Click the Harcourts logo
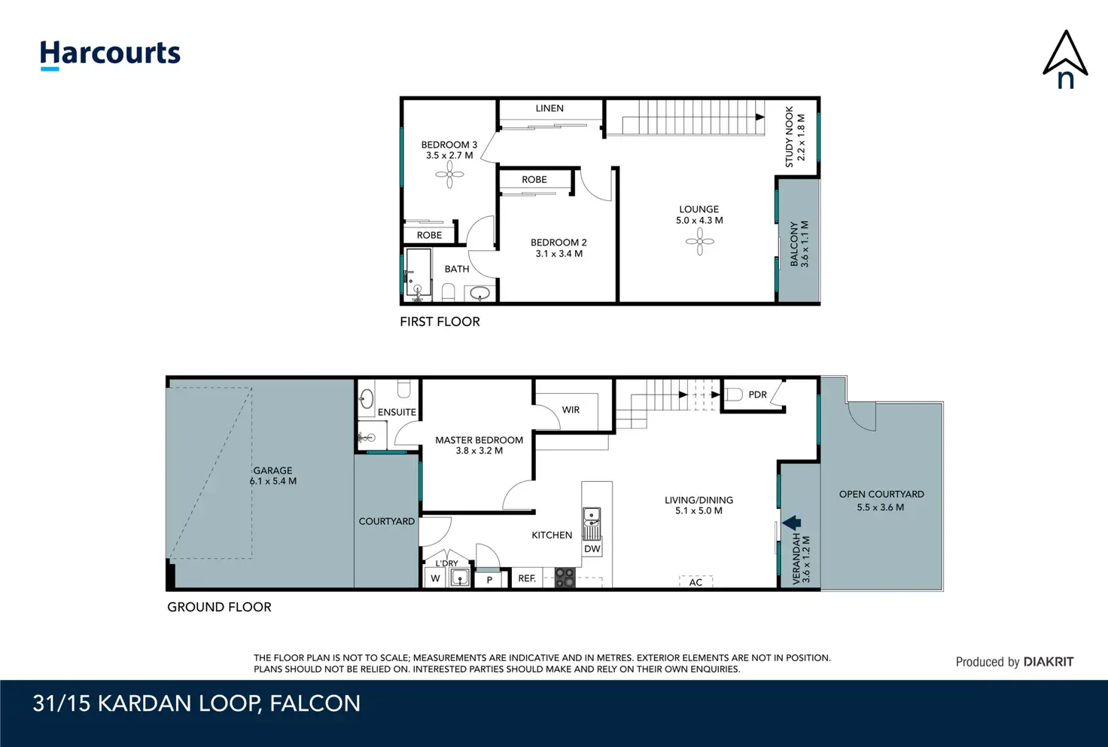tap(111, 55)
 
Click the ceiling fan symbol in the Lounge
tap(699, 242)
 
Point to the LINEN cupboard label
tap(549, 108)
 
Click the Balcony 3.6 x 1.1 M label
tap(799, 243)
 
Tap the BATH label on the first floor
tap(457, 269)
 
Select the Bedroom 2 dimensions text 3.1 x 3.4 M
tap(559, 254)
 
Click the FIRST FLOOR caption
tap(440, 322)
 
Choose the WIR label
tap(571, 410)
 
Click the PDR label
tap(757, 395)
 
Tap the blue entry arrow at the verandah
tap(791, 523)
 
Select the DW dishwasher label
tap(592, 549)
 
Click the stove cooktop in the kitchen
tap(565, 578)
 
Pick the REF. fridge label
tap(527, 578)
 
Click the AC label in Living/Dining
tap(696, 582)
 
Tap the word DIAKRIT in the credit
tap(1048, 662)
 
